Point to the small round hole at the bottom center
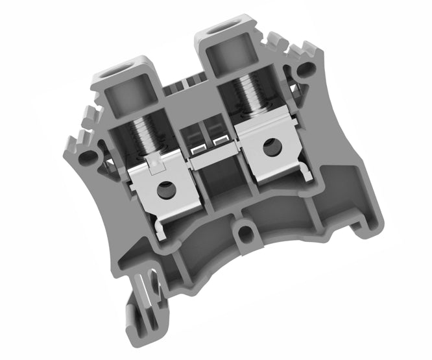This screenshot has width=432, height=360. click(x=245, y=230)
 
